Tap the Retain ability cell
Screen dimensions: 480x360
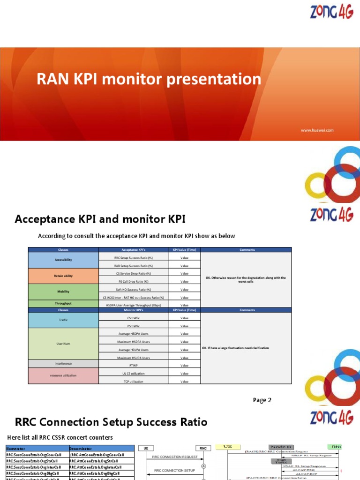point(63,277)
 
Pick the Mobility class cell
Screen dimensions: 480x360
point(63,292)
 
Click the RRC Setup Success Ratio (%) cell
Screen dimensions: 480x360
point(134,257)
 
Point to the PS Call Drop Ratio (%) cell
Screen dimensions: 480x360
point(134,281)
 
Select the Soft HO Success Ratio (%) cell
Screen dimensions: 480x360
point(134,289)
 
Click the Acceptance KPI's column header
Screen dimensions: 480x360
point(134,250)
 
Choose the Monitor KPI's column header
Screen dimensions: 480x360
point(134,310)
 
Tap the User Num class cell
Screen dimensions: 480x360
point(63,344)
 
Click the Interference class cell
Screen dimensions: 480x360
point(63,363)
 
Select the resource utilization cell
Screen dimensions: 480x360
point(63,376)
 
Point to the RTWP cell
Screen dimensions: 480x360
point(134,366)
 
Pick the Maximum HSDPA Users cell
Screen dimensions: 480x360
point(134,342)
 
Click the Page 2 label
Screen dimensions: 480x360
point(262,400)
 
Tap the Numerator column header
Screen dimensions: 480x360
point(16,448)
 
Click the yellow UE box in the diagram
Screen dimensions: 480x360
point(228,447)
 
